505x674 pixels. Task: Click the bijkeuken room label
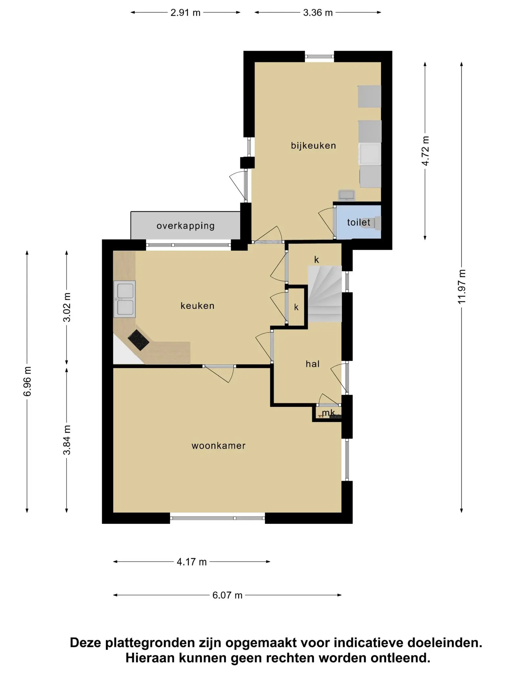(313, 145)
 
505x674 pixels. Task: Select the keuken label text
(197, 306)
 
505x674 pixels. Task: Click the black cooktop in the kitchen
(138, 340)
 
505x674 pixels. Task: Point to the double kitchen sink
(125, 299)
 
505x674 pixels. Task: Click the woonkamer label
(219, 446)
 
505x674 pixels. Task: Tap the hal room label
(313, 364)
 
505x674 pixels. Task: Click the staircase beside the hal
(325, 294)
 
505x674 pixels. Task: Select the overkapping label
(186, 226)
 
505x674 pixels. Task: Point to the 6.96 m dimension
(27, 381)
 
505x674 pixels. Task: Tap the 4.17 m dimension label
(192, 562)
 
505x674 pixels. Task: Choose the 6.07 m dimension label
(227, 595)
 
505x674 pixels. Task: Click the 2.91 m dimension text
(185, 13)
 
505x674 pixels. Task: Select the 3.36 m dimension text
(318, 13)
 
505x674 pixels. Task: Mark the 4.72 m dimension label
(425, 151)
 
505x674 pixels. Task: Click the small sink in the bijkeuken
(346, 195)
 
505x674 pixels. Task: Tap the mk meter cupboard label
(328, 413)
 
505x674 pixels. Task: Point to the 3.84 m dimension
(67, 440)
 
